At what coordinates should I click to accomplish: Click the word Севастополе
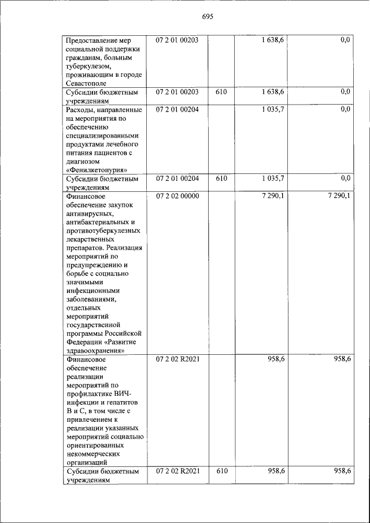[x=88, y=83]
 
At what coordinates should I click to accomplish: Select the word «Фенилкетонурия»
[x=97, y=170]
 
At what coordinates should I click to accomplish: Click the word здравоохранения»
[x=96, y=350]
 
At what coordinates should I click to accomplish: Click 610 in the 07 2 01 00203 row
[x=220, y=92]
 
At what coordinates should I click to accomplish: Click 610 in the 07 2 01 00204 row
[x=220, y=179]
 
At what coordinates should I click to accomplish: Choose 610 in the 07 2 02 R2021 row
[x=220, y=471]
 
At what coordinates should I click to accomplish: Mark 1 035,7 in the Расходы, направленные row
[x=272, y=109]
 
